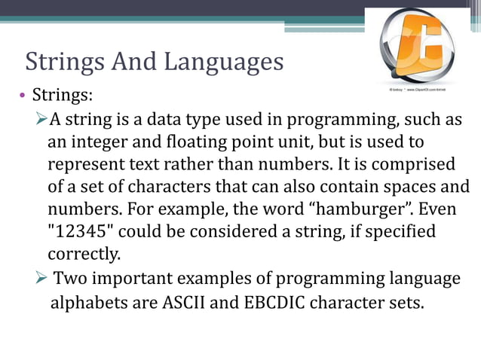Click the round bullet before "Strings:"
[x=22, y=96]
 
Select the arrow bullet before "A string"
[x=41, y=121]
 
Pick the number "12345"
[x=81, y=230]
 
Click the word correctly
[x=83, y=252]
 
